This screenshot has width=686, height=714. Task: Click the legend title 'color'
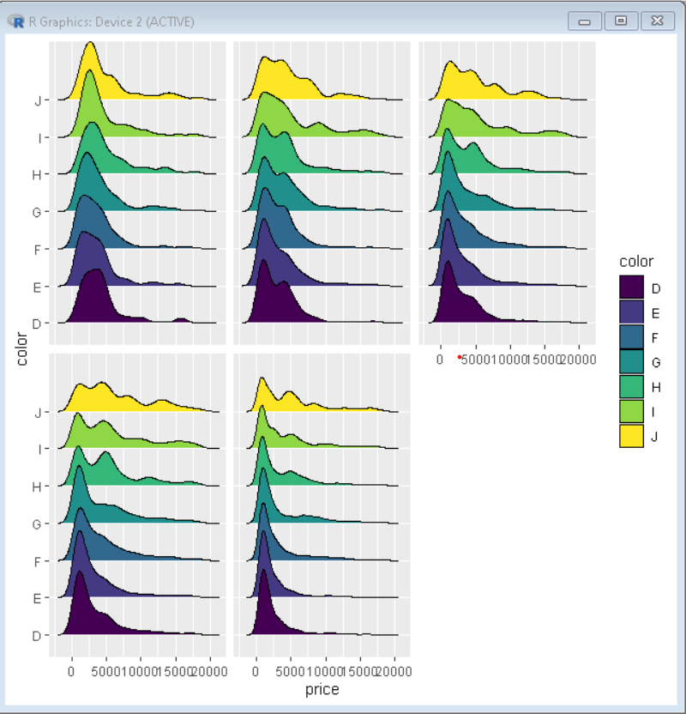pos(635,262)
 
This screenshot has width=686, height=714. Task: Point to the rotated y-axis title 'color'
pos(22,350)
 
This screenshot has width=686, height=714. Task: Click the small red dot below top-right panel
pos(460,356)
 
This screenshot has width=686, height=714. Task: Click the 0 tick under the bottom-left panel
pos(71,670)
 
